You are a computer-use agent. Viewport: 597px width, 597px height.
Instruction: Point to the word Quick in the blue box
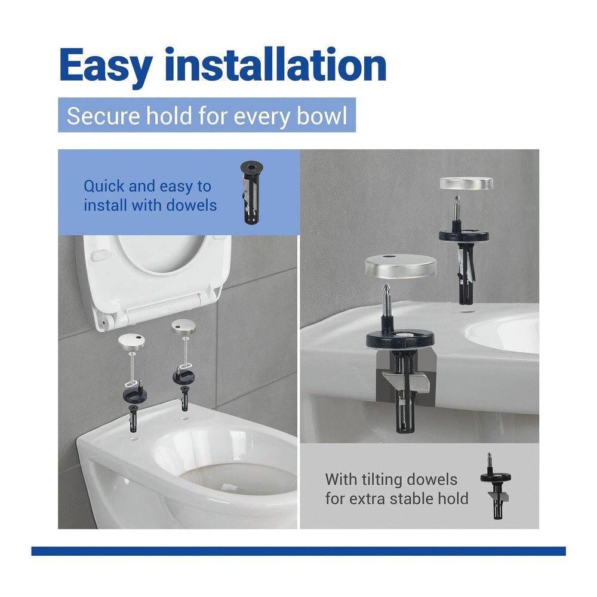(104, 186)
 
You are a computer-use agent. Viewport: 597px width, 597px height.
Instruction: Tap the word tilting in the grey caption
(374, 479)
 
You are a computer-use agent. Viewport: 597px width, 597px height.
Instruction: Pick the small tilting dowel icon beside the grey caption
(496, 486)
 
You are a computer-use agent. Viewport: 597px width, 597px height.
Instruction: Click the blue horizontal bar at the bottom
(298, 551)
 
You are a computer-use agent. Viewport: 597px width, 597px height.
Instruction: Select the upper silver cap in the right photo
(466, 183)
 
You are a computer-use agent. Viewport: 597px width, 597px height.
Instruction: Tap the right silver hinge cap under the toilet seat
(184, 327)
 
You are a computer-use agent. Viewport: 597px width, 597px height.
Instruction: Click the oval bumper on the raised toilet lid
(100, 255)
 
